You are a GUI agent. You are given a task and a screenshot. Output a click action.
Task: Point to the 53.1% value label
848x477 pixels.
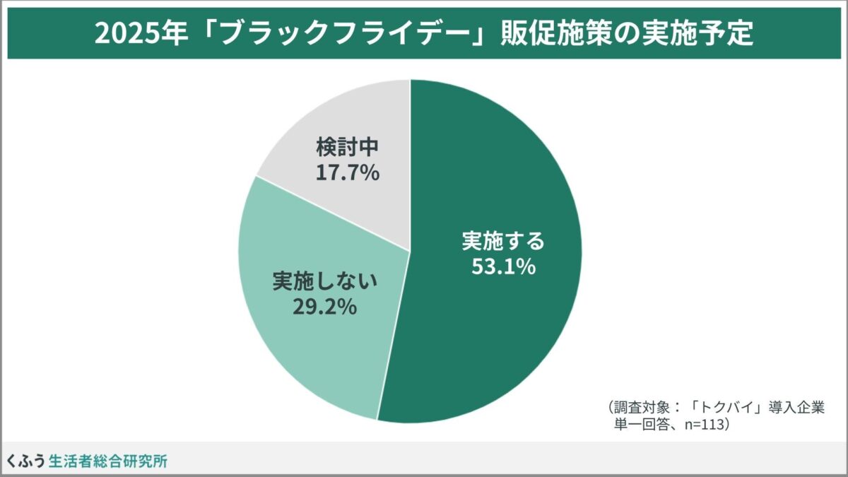tap(504, 268)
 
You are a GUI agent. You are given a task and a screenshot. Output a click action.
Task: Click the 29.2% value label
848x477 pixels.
tap(324, 307)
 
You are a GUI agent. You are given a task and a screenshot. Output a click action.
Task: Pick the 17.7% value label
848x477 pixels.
tap(348, 172)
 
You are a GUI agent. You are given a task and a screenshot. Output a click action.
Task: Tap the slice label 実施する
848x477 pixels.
tap(504, 242)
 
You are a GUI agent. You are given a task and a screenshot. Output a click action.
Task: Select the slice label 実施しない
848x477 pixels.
tap(325, 281)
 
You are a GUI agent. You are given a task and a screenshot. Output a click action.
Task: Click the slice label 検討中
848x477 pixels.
tap(348, 147)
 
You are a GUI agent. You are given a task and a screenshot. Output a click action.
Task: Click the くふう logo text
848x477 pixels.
tap(26, 461)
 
